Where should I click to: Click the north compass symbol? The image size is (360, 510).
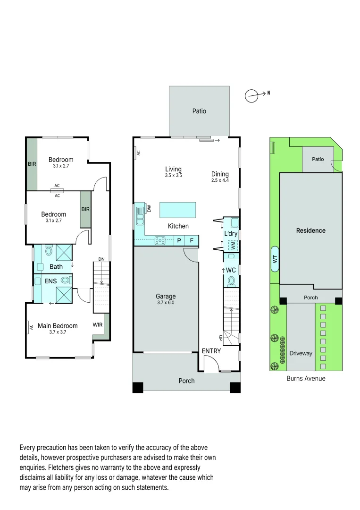[x=252, y=96]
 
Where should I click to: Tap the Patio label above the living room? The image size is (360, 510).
[x=199, y=111]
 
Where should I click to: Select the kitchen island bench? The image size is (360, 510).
[x=177, y=209]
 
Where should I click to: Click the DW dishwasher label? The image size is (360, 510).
[x=149, y=209]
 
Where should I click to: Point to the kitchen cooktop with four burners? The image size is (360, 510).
[x=159, y=240]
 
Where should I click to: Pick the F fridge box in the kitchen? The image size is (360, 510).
[x=192, y=240]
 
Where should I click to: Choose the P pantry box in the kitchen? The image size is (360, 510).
[x=179, y=240]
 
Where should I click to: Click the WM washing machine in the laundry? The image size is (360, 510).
[x=233, y=246]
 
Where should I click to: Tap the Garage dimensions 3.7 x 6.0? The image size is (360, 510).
[x=165, y=303]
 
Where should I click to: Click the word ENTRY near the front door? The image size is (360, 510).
[x=211, y=351]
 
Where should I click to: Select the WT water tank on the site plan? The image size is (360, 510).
[x=275, y=259]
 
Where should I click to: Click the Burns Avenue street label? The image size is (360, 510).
[x=306, y=378]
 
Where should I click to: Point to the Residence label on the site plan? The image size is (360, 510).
[x=310, y=230]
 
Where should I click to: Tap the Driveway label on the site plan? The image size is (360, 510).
[x=301, y=353]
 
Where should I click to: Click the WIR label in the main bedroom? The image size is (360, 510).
[x=98, y=325]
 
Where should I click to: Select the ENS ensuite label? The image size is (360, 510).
[x=50, y=281]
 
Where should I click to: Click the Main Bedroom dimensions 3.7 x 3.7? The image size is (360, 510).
[x=58, y=332]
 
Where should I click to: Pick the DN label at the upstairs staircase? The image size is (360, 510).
[x=101, y=259]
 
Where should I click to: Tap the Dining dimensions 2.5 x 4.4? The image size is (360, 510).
[x=220, y=180]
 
